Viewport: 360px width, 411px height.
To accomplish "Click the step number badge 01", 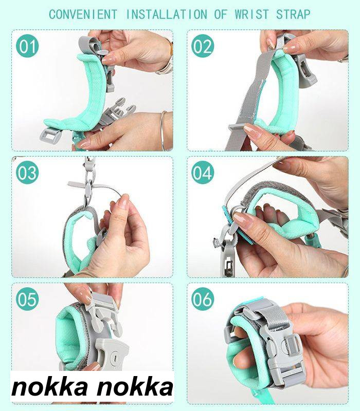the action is click(x=27, y=47).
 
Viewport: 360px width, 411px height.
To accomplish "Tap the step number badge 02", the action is click(x=203, y=46).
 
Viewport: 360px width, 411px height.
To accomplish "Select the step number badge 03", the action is click(x=27, y=173).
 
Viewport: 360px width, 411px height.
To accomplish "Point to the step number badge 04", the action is click(x=202, y=173).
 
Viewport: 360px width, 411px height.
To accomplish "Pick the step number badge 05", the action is click(x=27, y=300).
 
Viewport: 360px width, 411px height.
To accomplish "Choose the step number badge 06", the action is click(x=202, y=299).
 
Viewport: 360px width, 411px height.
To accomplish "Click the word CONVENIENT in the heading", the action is click(x=83, y=14).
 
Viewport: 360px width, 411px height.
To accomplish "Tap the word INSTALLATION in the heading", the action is click(x=166, y=14).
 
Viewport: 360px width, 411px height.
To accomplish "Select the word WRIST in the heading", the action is click(x=251, y=14).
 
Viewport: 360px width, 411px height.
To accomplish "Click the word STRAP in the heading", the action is click(x=293, y=14).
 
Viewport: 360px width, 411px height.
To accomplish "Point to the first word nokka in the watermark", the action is click(x=49, y=387).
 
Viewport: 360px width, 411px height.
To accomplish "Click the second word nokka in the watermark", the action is click(x=135, y=387).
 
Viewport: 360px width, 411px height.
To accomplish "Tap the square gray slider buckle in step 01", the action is click(x=50, y=135).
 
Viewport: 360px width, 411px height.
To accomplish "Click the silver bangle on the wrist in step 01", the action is click(x=164, y=130).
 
